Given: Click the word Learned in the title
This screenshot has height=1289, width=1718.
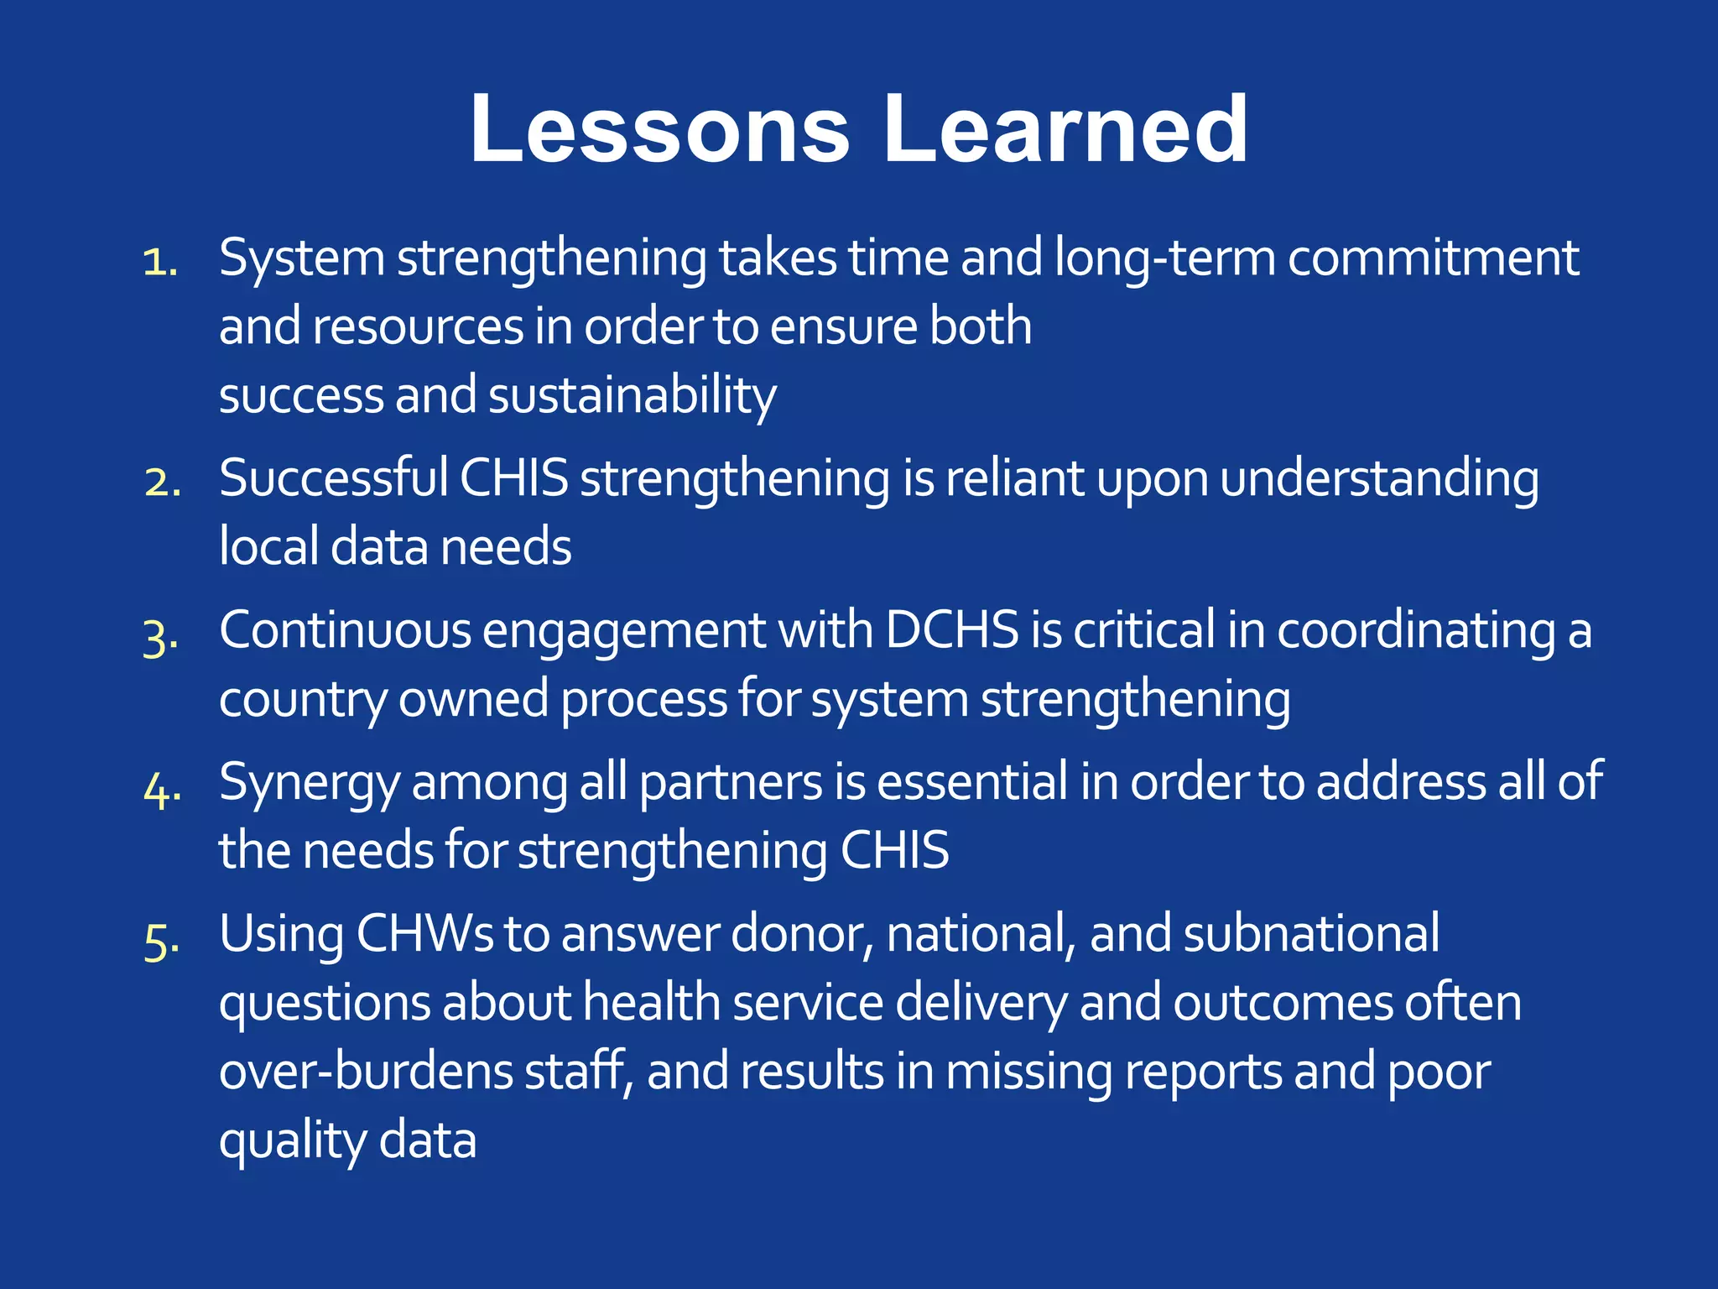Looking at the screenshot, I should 1065,130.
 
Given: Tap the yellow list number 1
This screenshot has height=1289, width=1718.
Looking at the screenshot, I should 159,263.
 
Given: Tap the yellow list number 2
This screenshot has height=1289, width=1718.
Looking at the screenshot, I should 162,483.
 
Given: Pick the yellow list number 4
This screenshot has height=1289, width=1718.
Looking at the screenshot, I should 162,790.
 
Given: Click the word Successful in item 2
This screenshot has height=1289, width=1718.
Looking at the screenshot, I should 333,478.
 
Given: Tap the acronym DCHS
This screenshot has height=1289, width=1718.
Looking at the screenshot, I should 952,630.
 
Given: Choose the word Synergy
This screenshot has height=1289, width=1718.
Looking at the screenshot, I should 309,784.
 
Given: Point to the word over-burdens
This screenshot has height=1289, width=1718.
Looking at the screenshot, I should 366,1072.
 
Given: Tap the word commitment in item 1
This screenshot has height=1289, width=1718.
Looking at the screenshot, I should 1433,258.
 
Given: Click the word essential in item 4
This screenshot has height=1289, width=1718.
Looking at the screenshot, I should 972,782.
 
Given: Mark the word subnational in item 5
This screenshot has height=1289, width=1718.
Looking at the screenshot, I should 1310,934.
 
